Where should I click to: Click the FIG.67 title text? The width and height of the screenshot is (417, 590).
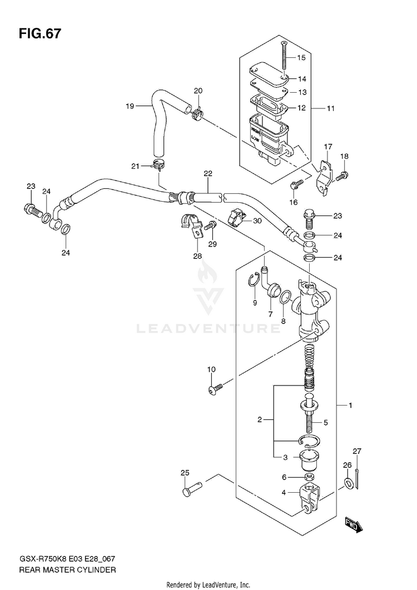coord(39,34)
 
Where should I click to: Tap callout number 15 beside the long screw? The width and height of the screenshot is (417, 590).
coord(301,58)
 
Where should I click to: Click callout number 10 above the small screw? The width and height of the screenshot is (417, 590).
coord(211,369)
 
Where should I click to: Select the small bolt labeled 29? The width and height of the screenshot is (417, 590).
coord(210,226)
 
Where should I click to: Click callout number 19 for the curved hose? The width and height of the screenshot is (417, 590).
coord(130,106)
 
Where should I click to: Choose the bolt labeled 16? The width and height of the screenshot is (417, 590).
coord(296,184)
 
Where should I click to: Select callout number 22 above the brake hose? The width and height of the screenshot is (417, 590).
coord(207,173)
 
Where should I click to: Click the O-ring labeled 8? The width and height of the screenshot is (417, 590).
coord(285,297)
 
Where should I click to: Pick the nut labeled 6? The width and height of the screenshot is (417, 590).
coord(309,477)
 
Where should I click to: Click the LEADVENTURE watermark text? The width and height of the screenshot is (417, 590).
coord(208,329)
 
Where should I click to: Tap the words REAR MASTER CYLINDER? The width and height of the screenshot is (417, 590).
coord(67,569)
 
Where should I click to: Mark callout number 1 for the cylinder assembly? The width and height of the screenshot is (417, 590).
coord(350,405)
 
